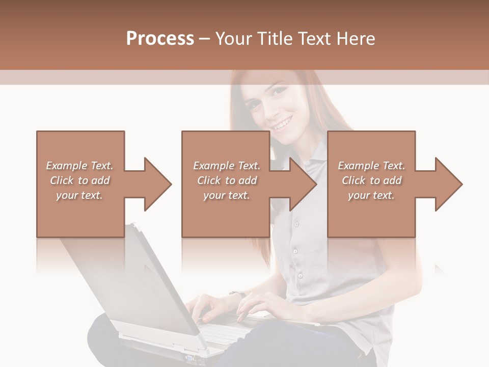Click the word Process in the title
coord(160,38)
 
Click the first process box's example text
coord(80,180)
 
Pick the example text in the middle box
coord(227,180)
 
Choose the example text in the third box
coord(371,180)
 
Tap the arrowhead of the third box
coord(448,184)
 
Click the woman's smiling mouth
coord(283,122)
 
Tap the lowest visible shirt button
coord(301,276)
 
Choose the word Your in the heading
coord(234,38)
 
